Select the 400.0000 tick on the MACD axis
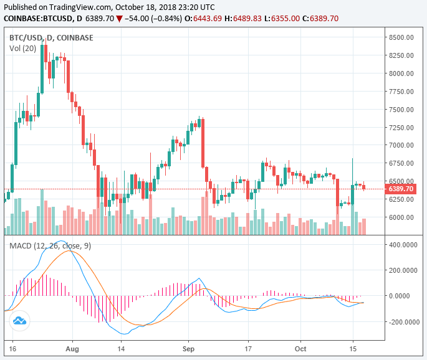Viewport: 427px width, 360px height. coord(403,245)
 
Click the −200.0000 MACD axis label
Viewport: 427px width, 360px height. coord(402,322)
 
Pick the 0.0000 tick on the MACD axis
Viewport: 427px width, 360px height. coord(406,296)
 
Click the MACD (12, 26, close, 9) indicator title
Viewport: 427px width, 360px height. coord(50,246)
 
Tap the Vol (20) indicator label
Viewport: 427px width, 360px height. coord(24,48)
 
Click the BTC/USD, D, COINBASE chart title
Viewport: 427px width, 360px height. coord(51,37)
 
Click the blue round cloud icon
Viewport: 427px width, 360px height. coord(19,321)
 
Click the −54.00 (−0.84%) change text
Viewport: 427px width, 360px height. coord(153,19)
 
